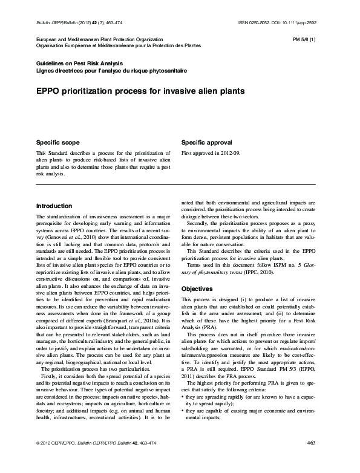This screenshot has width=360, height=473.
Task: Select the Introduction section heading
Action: pyautogui.click(x=54, y=206)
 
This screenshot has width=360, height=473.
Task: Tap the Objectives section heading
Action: pyautogui.click(x=198, y=290)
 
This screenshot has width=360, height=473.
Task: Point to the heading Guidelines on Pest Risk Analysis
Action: pyautogui.click(x=80, y=64)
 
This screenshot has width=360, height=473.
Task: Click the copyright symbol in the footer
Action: pyautogui.click(x=39, y=460)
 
